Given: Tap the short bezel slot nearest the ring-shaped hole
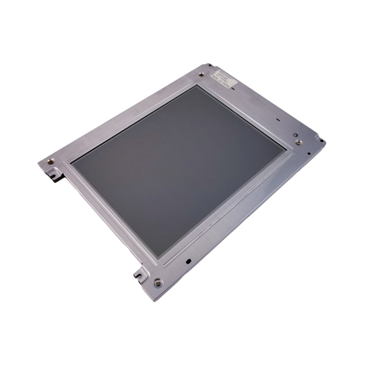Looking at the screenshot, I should tap(278, 120).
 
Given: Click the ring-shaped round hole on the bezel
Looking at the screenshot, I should tap(296, 135).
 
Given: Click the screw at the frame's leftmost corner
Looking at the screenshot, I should tap(49, 162).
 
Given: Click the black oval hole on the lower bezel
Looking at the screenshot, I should tap(189, 261).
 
